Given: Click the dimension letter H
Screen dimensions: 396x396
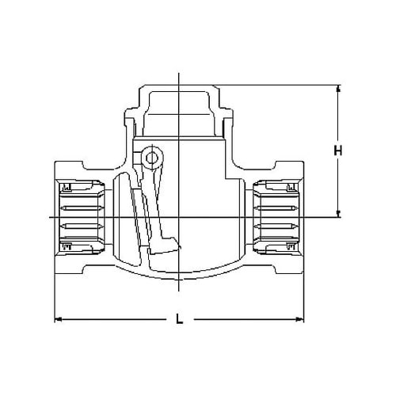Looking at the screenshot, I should pos(338,150).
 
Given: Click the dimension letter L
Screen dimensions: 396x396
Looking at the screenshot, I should pos(181,321).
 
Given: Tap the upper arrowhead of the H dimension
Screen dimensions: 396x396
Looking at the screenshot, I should pos(338,88).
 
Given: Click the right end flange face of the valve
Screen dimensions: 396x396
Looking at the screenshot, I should pos(303,215).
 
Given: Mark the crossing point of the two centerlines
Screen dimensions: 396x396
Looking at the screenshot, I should pos(181,215).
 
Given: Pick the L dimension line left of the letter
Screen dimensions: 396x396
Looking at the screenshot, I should pos(119,320).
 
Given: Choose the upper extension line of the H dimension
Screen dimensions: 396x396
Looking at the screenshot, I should pos(277,84).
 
